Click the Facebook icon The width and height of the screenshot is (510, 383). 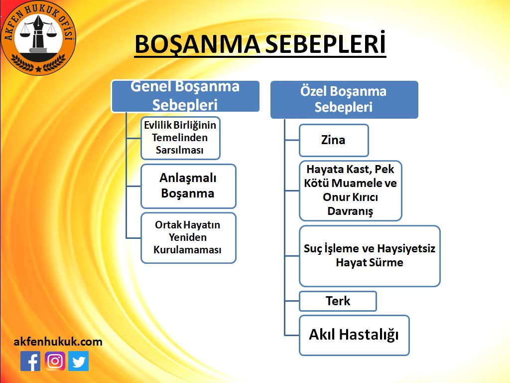30,361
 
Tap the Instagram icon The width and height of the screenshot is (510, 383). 55,361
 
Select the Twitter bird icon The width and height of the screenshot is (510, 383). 78,361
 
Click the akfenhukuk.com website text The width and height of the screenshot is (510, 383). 58,342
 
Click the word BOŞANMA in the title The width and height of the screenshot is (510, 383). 197,44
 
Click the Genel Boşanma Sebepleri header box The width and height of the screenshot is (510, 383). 185,96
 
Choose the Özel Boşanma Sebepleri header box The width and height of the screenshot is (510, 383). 344,99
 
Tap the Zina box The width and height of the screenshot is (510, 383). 334,140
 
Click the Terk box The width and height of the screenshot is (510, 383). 338,301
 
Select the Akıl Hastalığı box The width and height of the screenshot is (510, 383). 354,335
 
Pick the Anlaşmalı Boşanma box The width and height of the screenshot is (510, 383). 188,186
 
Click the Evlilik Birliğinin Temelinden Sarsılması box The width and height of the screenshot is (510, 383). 180,138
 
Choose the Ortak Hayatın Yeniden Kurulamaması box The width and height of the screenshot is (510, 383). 188,238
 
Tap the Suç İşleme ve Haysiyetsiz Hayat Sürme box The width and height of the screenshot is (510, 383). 370,256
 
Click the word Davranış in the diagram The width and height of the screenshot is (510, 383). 350,211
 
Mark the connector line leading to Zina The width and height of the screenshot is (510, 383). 292,140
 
